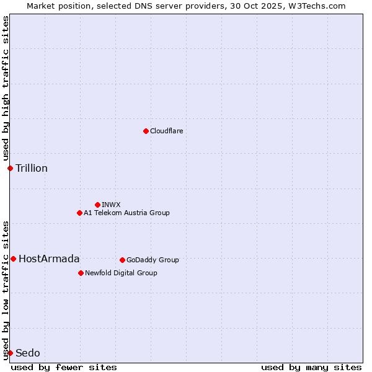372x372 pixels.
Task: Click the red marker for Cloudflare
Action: click(146, 131)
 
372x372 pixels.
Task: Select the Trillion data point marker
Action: click(10, 168)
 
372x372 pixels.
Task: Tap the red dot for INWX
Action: click(97, 205)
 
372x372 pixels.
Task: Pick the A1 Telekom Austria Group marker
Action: click(79, 213)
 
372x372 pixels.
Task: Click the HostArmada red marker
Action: click(13, 259)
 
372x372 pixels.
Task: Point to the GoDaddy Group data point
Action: click(122, 260)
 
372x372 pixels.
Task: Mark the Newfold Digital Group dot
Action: click(81, 273)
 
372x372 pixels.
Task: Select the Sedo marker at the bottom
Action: click(10, 353)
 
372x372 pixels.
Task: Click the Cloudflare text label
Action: click(166, 131)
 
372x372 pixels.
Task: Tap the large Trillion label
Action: click(32, 168)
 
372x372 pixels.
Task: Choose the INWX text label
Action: click(111, 205)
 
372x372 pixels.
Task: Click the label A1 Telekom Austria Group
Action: click(126, 213)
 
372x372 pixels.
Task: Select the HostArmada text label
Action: click(49, 259)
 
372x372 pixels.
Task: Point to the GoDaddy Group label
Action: click(153, 260)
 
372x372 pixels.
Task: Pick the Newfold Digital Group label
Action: click(121, 273)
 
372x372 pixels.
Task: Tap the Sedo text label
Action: click(28, 353)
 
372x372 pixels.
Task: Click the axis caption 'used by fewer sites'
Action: click(64, 367)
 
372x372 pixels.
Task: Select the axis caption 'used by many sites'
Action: click(311, 367)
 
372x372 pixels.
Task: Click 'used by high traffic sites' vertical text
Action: click(6, 88)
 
